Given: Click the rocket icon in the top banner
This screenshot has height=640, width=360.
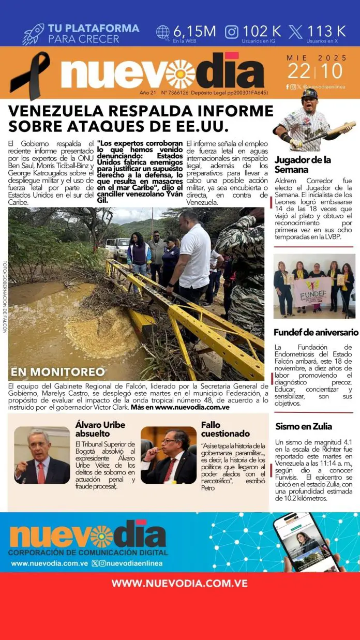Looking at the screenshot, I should [x=33, y=34].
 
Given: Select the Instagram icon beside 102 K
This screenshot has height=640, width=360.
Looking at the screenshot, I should [x=232, y=32].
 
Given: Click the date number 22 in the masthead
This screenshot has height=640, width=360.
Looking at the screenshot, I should [x=299, y=71].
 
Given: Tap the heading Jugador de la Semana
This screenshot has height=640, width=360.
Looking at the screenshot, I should [x=303, y=165].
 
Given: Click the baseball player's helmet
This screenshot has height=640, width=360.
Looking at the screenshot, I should [x=309, y=95].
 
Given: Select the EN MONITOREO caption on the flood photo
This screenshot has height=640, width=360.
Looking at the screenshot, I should [x=58, y=371].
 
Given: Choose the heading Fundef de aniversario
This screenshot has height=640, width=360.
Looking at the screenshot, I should [x=316, y=332].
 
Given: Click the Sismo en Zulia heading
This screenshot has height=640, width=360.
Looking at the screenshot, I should [x=304, y=426].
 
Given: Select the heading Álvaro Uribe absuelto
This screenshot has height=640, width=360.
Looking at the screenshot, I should [x=98, y=429].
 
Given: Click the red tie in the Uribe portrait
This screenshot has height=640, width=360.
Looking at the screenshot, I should [x=41, y=472].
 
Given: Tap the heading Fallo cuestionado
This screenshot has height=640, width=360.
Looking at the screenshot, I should [x=225, y=429].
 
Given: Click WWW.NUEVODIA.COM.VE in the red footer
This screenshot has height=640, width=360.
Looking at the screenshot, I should [x=179, y=583].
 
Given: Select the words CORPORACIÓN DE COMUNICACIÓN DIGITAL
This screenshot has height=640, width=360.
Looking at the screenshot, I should [x=87, y=553].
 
